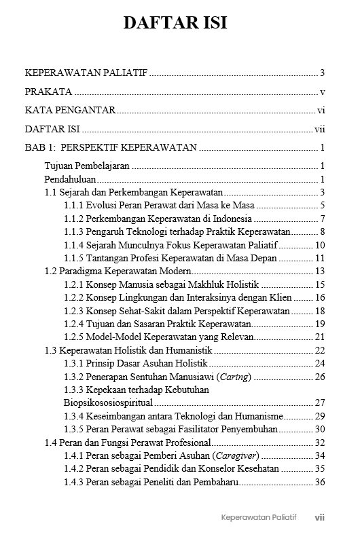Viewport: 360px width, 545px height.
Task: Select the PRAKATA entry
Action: tap(48, 92)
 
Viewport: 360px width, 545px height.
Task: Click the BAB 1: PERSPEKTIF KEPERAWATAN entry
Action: tap(111, 147)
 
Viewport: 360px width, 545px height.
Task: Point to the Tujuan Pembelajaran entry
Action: tap(86, 166)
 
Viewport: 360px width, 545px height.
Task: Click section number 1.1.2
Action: tap(74, 219)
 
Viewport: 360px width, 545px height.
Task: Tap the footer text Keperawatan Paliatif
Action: tap(259, 517)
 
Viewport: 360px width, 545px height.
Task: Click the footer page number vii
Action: tap(319, 517)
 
